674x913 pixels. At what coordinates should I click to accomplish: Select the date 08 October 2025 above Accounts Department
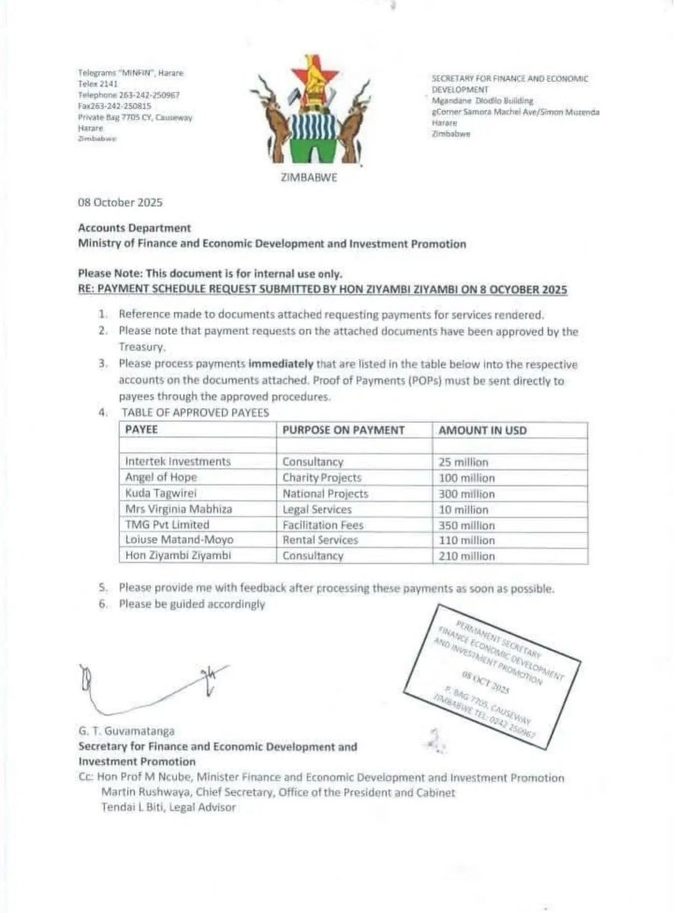[x=120, y=204]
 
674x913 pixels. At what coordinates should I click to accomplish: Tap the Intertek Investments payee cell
[x=178, y=462]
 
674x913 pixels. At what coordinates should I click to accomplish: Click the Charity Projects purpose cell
[x=322, y=478]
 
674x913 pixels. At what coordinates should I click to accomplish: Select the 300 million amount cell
[x=467, y=494]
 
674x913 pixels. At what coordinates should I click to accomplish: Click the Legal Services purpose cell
[x=317, y=509]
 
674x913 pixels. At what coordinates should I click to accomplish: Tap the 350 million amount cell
[x=467, y=525]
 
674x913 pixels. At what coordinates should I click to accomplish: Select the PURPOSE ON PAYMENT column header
[x=343, y=431]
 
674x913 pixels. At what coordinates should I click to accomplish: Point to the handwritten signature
[x=145, y=685]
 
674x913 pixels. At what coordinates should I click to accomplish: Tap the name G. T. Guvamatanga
[x=125, y=732]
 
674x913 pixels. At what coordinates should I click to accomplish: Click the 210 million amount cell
[x=467, y=556]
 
